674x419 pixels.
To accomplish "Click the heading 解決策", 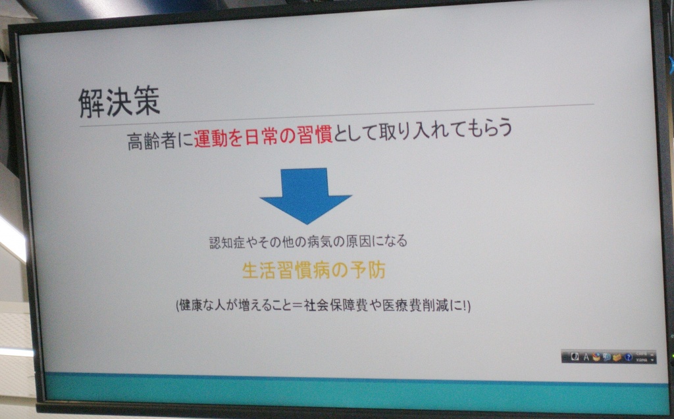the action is pyautogui.click(x=120, y=101).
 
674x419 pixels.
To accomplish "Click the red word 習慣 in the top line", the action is pyautogui.click(x=315, y=135).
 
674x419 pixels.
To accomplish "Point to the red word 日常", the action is pyautogui.click(x=263, y=137).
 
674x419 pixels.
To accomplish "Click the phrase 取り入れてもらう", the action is pyautogui.click(x=446, y=130).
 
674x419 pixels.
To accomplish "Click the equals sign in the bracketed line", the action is pyautogui.click(x=298, y=306).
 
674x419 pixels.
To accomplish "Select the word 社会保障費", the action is pyautogui.click(x=336, y=306).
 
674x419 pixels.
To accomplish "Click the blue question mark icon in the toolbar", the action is pyautogui.click(x=628, y=357).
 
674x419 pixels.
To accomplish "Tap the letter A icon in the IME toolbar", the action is pyautogui.click(x=585, y=357).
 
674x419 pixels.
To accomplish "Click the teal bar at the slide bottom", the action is pyautogui.click(x=357, y=392).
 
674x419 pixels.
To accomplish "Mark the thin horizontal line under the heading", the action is pyautogui.click(x=336, y=115).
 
